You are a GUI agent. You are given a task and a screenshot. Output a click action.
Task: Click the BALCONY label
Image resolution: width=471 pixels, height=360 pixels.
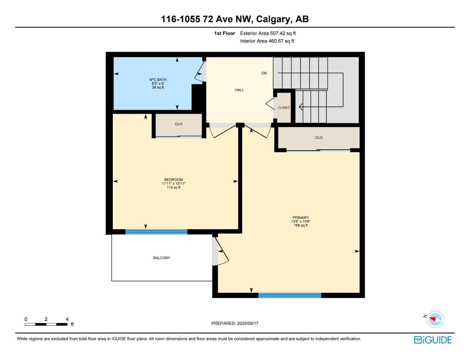(161, 258)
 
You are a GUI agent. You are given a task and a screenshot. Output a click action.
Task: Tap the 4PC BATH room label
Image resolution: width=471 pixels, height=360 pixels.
(158, 79)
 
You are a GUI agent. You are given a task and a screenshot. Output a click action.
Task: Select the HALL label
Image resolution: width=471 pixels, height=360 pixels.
(239, 90)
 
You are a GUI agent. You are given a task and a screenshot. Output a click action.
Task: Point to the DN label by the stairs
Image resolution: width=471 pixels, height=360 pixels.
(264, 73)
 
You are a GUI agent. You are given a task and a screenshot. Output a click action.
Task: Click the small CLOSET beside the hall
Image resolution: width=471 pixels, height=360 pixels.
(283, 108)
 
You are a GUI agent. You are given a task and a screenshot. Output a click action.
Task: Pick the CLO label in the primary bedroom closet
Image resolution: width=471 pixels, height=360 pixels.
(318, 137)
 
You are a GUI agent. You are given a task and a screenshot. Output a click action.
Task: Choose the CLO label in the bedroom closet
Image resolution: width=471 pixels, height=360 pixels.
(178, 124)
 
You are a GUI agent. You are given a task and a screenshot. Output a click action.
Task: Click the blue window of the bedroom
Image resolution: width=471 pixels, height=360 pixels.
(156, 232)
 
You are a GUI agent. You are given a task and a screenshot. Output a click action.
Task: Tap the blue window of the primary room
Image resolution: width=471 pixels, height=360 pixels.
(290, 295)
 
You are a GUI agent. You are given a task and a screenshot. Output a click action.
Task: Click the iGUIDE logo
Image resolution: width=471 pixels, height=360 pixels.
(433, 340)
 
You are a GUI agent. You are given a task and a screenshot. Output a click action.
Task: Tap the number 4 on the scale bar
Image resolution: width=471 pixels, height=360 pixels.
(67, 319)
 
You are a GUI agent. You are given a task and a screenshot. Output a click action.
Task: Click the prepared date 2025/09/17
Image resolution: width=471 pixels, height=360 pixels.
(247, 323)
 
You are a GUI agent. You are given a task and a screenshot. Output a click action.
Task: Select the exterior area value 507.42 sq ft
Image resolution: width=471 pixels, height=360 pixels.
(283, 33)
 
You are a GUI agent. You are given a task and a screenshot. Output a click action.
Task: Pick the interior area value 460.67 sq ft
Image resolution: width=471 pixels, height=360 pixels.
(281, 41)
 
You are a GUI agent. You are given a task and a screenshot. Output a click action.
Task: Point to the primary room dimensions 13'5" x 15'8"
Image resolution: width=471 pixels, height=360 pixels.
(301, 221)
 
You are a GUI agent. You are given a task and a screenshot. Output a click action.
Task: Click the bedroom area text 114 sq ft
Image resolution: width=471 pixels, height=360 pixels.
(173, 187)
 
